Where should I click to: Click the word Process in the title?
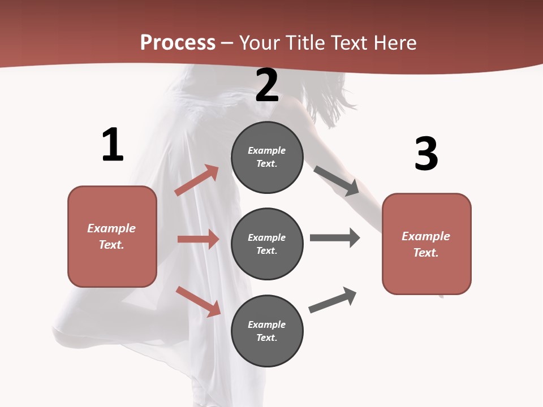click(178, 43)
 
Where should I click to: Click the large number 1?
click(113, 145)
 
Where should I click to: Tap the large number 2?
click(267, 85)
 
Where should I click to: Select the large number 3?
click(426, 154)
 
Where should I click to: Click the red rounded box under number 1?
click(112, 236)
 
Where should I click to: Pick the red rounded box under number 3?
click(426, 244)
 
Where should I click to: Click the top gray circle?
click(267, 157)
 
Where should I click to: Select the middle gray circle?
click(267, 244)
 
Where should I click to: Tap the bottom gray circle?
click(267, 331)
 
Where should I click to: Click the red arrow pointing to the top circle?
click(197, 180)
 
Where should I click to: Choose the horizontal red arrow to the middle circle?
click(198, 239)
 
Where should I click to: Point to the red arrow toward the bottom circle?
click(198, 301)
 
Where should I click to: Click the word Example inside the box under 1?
click(111, 228)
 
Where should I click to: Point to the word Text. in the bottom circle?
click(267, 338)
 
